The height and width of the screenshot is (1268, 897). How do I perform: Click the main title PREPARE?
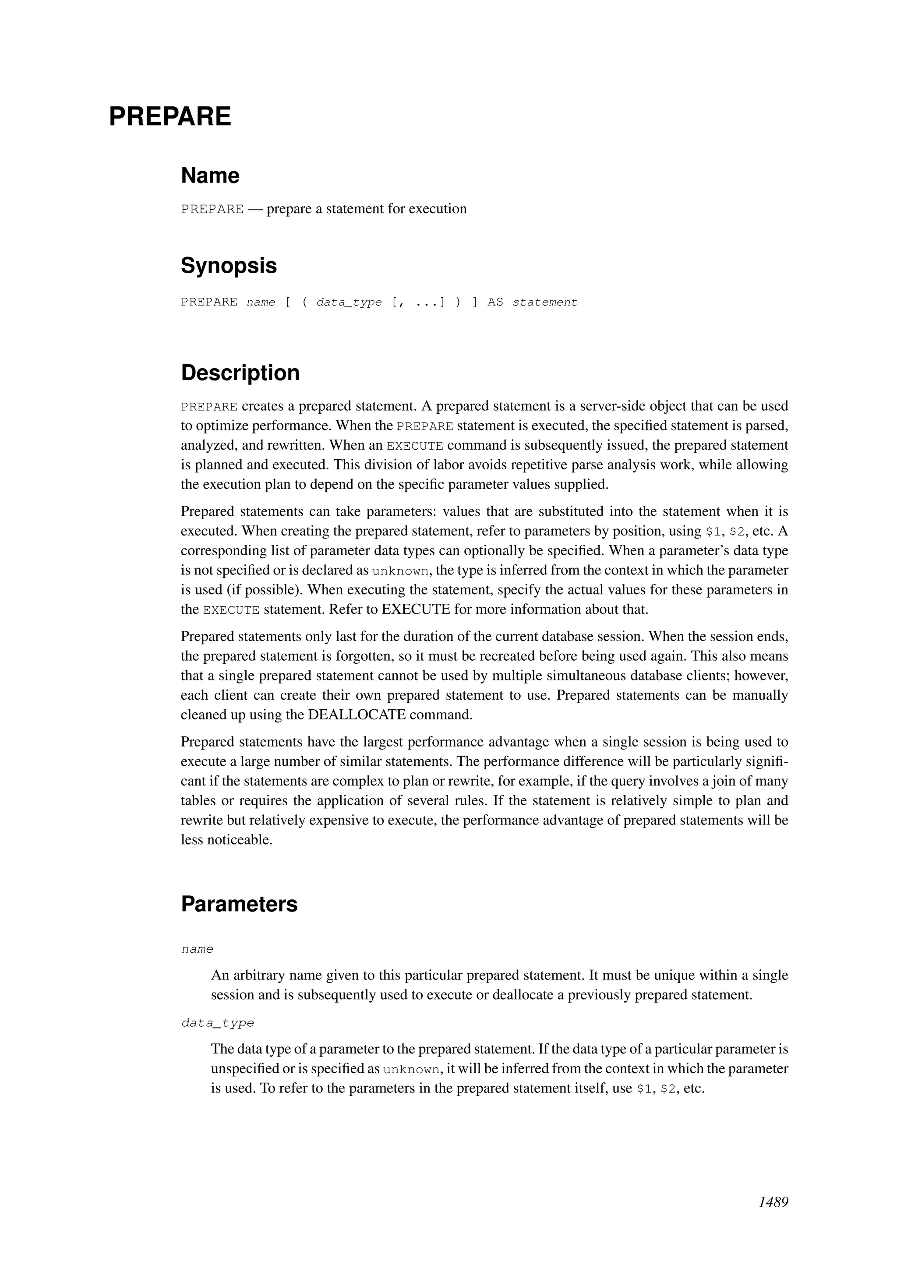170,116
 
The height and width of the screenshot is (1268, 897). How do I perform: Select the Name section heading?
210,176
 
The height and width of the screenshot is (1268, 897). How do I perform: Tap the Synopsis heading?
229,266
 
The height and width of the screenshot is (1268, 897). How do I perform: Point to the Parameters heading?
239,904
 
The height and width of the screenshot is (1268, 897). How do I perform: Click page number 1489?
773,1202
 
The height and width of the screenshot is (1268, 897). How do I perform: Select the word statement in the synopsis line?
544,303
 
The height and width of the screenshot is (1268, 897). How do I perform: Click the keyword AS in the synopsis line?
495,303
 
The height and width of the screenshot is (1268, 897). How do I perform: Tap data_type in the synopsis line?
349,303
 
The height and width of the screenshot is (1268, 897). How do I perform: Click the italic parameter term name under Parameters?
197,949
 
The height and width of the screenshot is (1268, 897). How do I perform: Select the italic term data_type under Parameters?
218,1023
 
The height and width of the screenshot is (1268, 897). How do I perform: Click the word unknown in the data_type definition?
412,1069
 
